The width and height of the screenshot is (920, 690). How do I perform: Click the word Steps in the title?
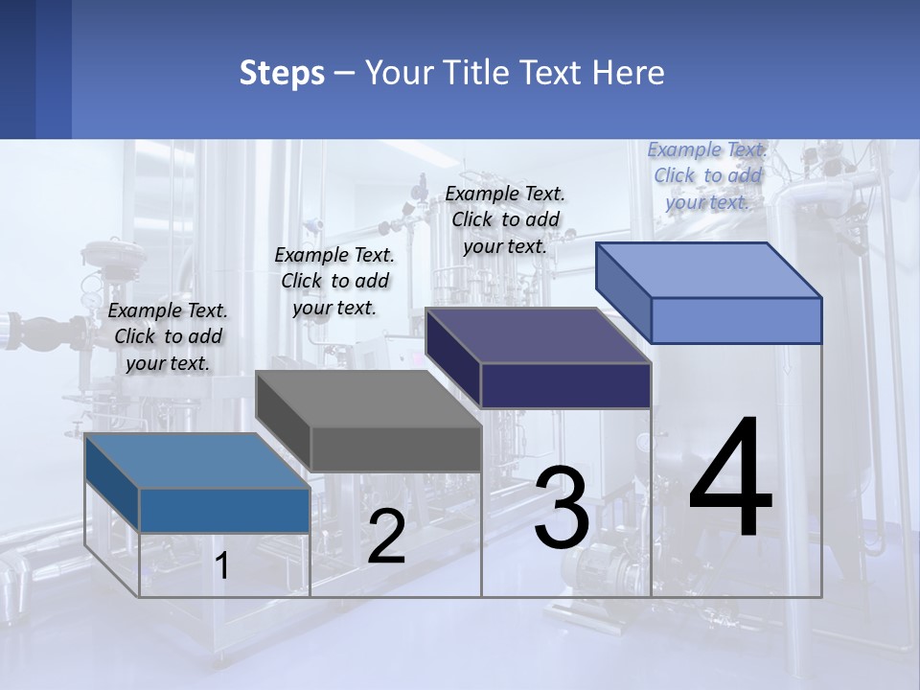point(282,73)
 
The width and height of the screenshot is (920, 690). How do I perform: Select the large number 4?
point(730,479)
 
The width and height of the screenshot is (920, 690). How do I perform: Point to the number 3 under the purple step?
point(562,509)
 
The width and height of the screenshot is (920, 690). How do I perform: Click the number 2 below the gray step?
point(386,538)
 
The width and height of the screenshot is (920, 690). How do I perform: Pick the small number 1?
point(222,566)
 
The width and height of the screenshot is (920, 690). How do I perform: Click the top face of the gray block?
point(369,399)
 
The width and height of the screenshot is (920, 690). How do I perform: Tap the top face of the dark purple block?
point(539,335)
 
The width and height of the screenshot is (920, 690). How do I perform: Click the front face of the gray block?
point(396,449)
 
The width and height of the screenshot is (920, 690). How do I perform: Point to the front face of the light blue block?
point(736,320)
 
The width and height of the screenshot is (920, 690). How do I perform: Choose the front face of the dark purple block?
point(565,385)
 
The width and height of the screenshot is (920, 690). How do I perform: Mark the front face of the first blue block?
point(224,510)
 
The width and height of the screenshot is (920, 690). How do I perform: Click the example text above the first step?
point(168,336)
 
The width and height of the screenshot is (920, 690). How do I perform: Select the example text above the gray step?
point(334,281)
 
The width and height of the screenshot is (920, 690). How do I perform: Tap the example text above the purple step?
point(505,219)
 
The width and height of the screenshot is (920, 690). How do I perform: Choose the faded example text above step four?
point(707,175)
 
